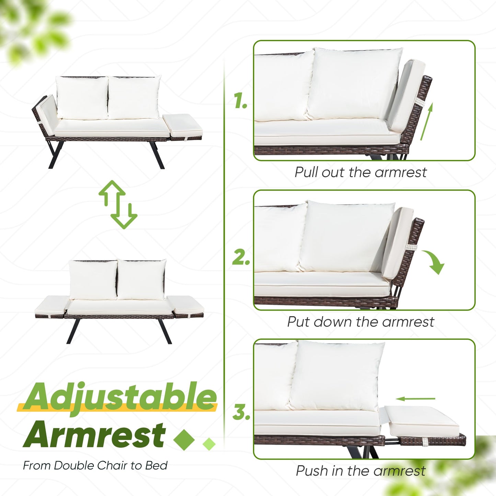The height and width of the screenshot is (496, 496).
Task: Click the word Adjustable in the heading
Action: coord(120,397)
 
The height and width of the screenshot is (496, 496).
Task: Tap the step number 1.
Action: coord(241,101)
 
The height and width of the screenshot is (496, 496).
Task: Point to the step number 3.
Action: coord(241,412)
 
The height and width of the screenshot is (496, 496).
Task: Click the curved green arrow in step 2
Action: coord(434,262)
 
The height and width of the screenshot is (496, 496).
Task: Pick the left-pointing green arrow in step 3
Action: coord(415,399)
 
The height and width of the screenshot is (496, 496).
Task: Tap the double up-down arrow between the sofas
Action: coord(118,205)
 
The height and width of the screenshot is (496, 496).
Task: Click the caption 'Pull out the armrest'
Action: coord(360,172)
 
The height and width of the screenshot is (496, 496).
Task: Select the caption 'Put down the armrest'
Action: coord(360,322)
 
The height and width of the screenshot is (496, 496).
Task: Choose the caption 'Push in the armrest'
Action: coord(360,471)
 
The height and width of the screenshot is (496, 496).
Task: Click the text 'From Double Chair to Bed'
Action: coord(95,466)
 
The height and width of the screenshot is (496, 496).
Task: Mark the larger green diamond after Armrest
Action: coord(184,439)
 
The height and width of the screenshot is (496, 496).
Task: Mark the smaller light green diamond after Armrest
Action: coord(209,444)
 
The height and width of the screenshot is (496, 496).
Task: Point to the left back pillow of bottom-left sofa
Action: coord(93,280)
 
